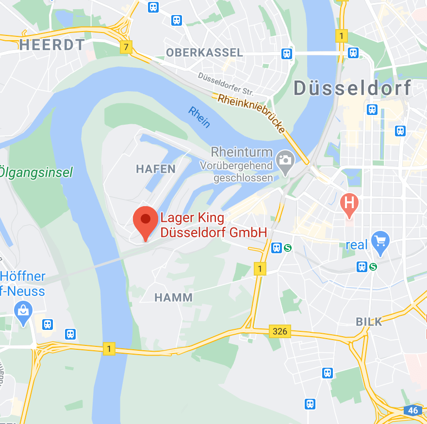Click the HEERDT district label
click(x=52, y=45)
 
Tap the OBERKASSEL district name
click(x=204, y=52)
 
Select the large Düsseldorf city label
click(x=353, y=88)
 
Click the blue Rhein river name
click(x=199, y=117)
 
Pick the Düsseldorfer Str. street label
click(x=226, y=84)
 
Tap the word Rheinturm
click(x=242, y=152)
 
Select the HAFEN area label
click(x=156, y=169)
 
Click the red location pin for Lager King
click(x=145, y=221)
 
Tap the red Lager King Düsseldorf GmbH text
click(x=213, y=225)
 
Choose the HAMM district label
click(x=173, y=297)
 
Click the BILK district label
click(x=369, y=321)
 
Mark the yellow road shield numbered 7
click(x=126, y=47)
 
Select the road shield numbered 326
click(x=280, y=331)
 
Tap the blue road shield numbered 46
click(x=413, y=410)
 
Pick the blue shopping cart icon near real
click(x=380, y=241)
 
